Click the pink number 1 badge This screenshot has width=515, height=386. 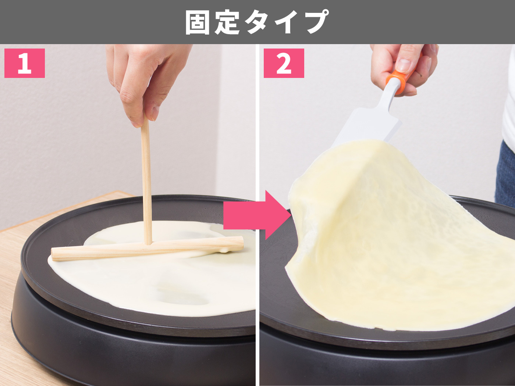coord(25,63)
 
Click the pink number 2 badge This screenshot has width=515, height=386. coord(284,63)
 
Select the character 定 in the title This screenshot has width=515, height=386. coord(227,22)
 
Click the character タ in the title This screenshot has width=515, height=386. coord(257,22)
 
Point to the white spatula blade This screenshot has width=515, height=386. coord(368,126)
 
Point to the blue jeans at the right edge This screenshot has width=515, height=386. coord(505,174)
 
